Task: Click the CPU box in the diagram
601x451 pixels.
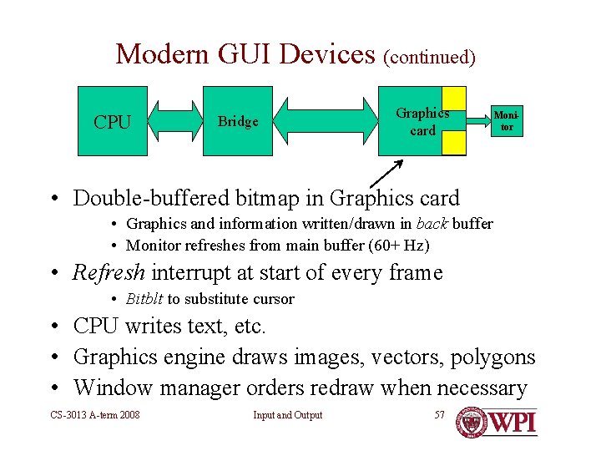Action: [113, 122]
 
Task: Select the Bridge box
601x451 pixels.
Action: [238, 121]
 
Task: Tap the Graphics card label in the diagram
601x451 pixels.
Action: [422, 122]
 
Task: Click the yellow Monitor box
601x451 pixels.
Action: [505, 122]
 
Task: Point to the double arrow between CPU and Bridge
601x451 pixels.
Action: [175, 121]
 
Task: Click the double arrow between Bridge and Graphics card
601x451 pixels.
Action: [326, 121]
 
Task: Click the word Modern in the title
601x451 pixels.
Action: [162, 54]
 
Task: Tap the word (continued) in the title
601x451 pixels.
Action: [429, 58]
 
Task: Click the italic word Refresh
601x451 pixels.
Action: [109, 272]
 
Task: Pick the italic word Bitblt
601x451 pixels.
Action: [144, 299]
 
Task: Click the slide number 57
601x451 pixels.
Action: [440, 415]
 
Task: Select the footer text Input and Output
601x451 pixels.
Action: [288, 415]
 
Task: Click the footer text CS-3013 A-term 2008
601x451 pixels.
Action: [94, 415]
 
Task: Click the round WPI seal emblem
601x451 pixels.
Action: [472, 422]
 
